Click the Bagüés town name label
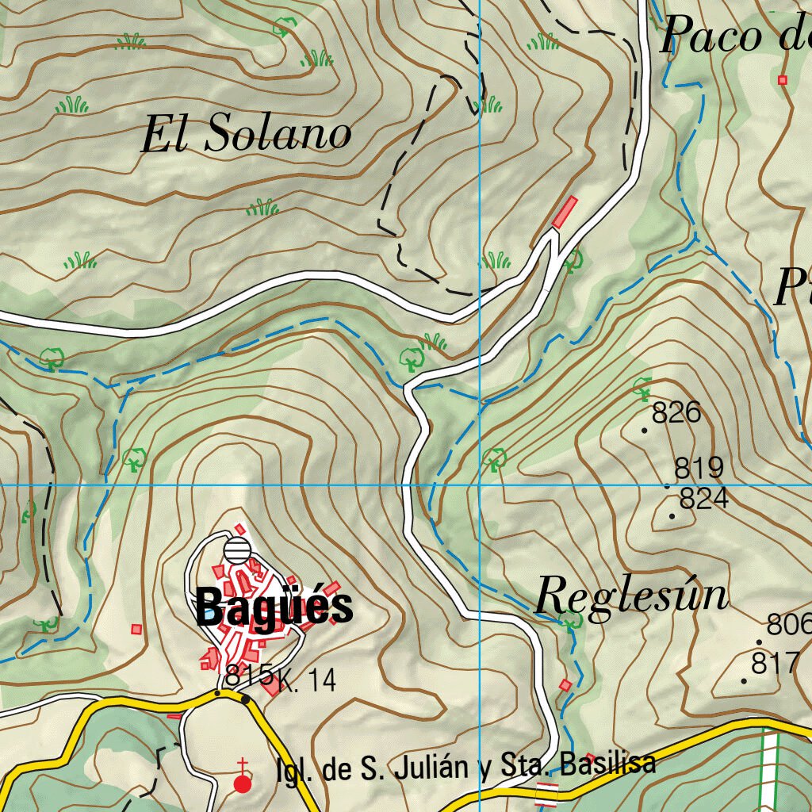click(x=274, y=608)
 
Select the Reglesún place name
click(x=631, y=595)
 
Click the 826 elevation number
click(x=676, y=413)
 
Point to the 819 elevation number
click(x=699, y=468)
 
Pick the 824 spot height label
click(x=704, y=499)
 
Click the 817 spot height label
click(x=775, y=663)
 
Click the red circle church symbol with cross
click(x=243, y=783)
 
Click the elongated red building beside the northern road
click(x=564, y=212)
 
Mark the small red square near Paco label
click(x=783, y=79)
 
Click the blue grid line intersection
click(x=480, y=484)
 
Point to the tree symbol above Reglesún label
click(x=569, y=619)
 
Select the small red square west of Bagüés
click(x=136, y=629)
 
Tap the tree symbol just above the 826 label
click(x=642, y=388)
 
